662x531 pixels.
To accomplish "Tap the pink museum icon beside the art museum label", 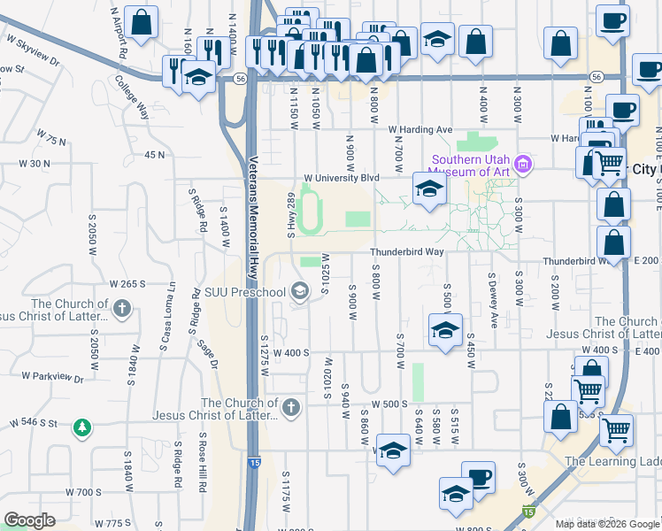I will (524, 164).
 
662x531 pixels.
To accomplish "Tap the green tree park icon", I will (82, 427).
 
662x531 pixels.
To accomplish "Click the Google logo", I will (30, 519).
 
